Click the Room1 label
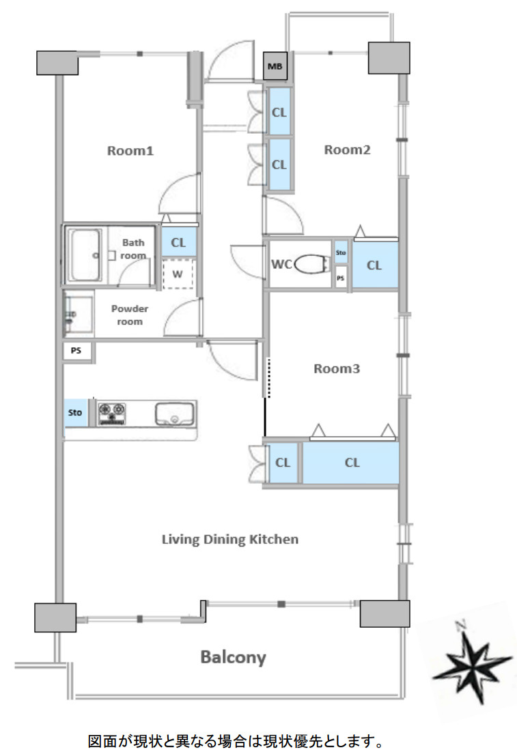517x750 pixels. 130,151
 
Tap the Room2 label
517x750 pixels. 347,150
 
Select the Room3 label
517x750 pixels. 337,369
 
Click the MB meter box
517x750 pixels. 275,66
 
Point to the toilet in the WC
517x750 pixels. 311,264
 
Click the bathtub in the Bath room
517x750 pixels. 85,255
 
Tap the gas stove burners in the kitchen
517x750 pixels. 112,414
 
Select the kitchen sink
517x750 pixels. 174,414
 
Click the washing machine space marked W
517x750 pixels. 178,274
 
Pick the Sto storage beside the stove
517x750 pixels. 76,413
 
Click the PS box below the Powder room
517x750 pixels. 76,351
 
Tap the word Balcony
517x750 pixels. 233,657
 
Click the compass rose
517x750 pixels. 470,663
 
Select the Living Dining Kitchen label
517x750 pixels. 229,540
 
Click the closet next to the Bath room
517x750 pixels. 178,242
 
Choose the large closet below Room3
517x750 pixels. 351,463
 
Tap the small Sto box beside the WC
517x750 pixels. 341,253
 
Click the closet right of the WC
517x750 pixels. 375,265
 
